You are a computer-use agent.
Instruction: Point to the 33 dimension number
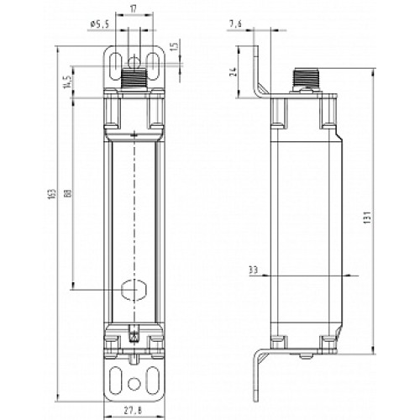click(254, 270)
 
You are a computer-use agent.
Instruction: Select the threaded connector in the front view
click(134, 81)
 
